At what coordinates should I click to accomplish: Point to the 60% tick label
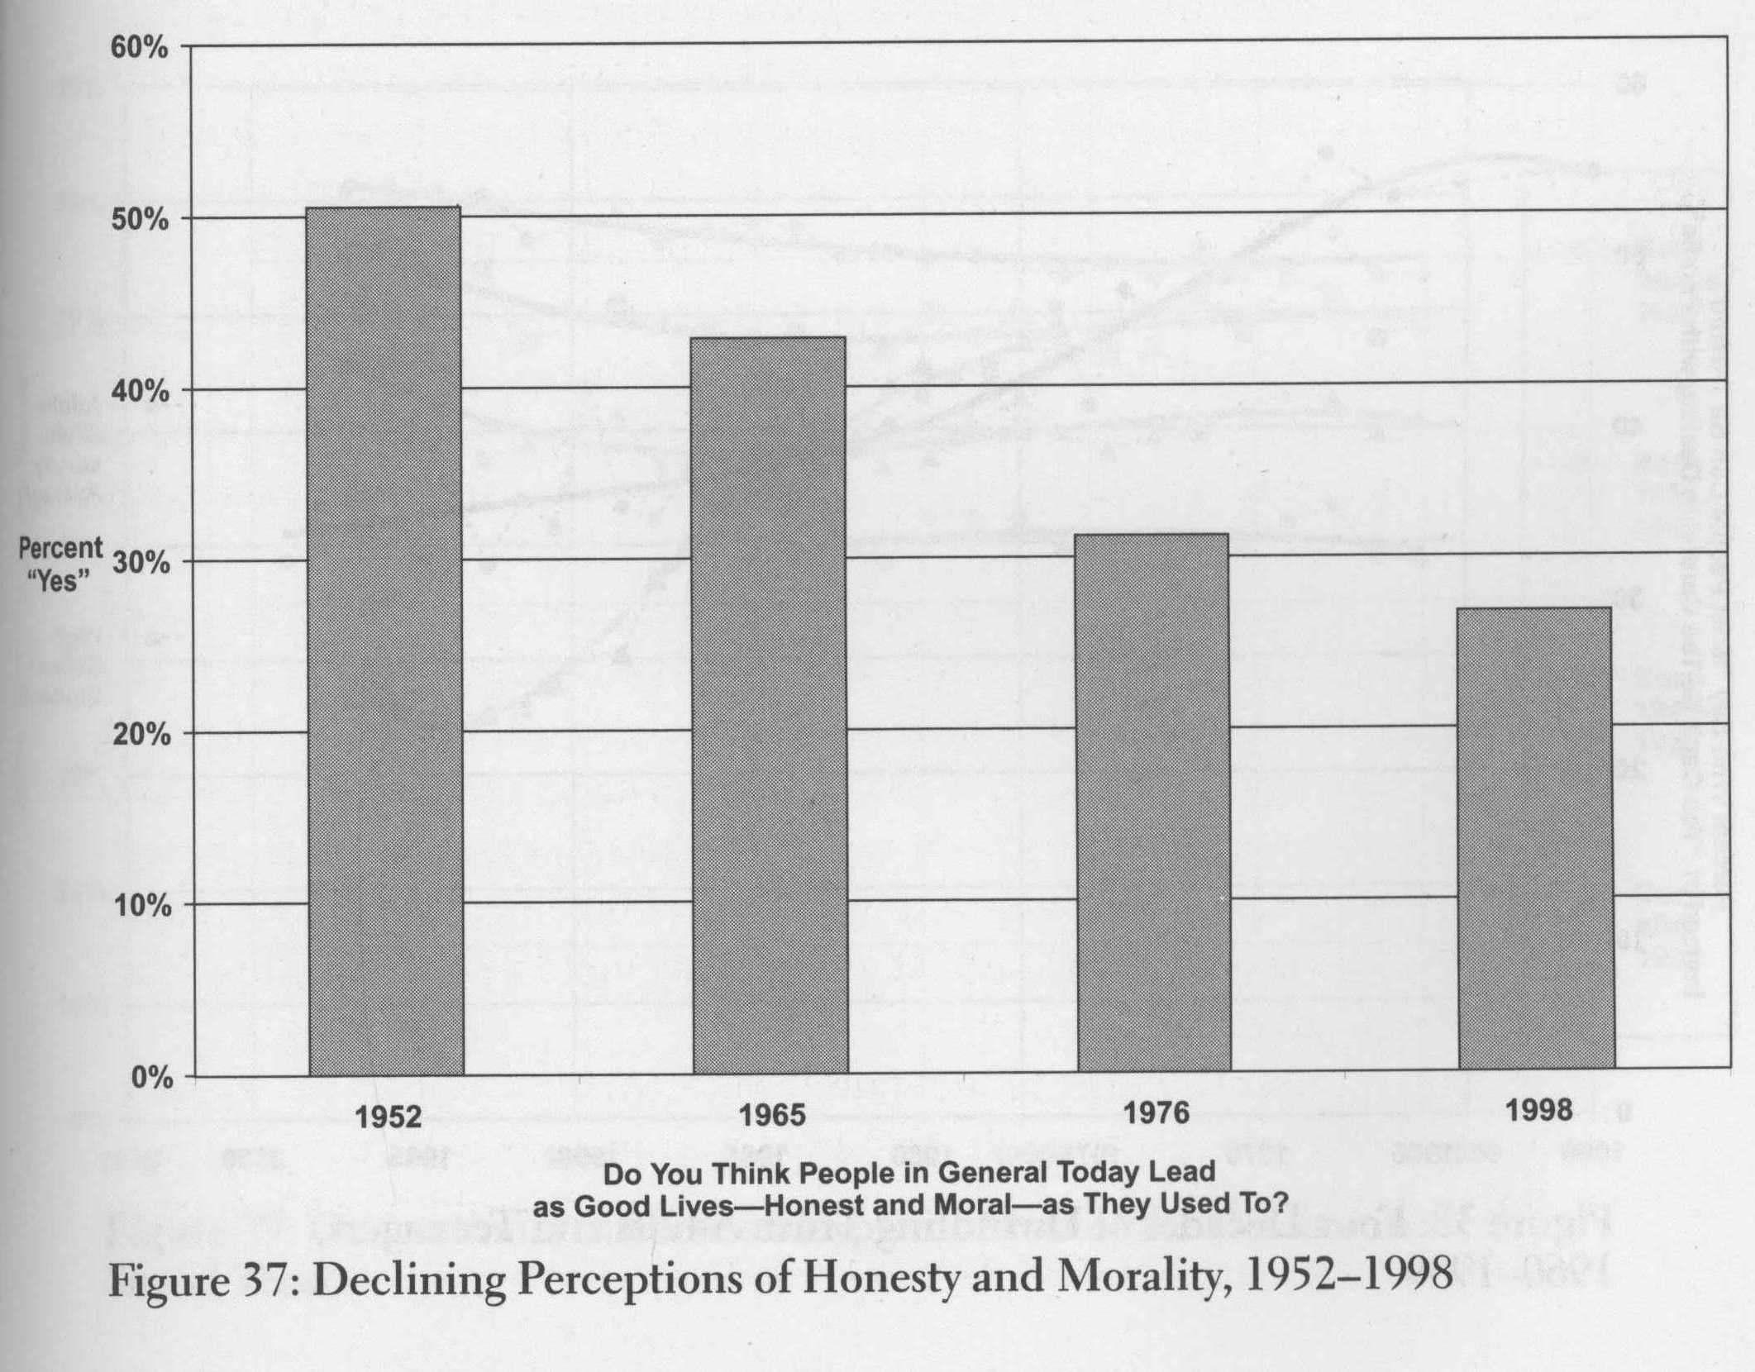click(x=140, y=48)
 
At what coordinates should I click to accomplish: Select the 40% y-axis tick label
click(x=140, y=391)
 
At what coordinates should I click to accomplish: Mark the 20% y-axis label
click(x=140, y=735)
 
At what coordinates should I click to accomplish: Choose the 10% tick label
click(x=140, y=906)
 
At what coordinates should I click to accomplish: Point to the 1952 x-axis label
click(x=388, y=1117)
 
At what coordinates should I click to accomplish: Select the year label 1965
click(x=771, y=1116)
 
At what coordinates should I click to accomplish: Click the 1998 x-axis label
click(x=1538, y=1110)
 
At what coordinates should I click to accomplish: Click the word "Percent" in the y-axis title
click(x=60, y=549)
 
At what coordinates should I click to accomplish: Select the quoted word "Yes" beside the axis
click(x=58, y=581)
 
